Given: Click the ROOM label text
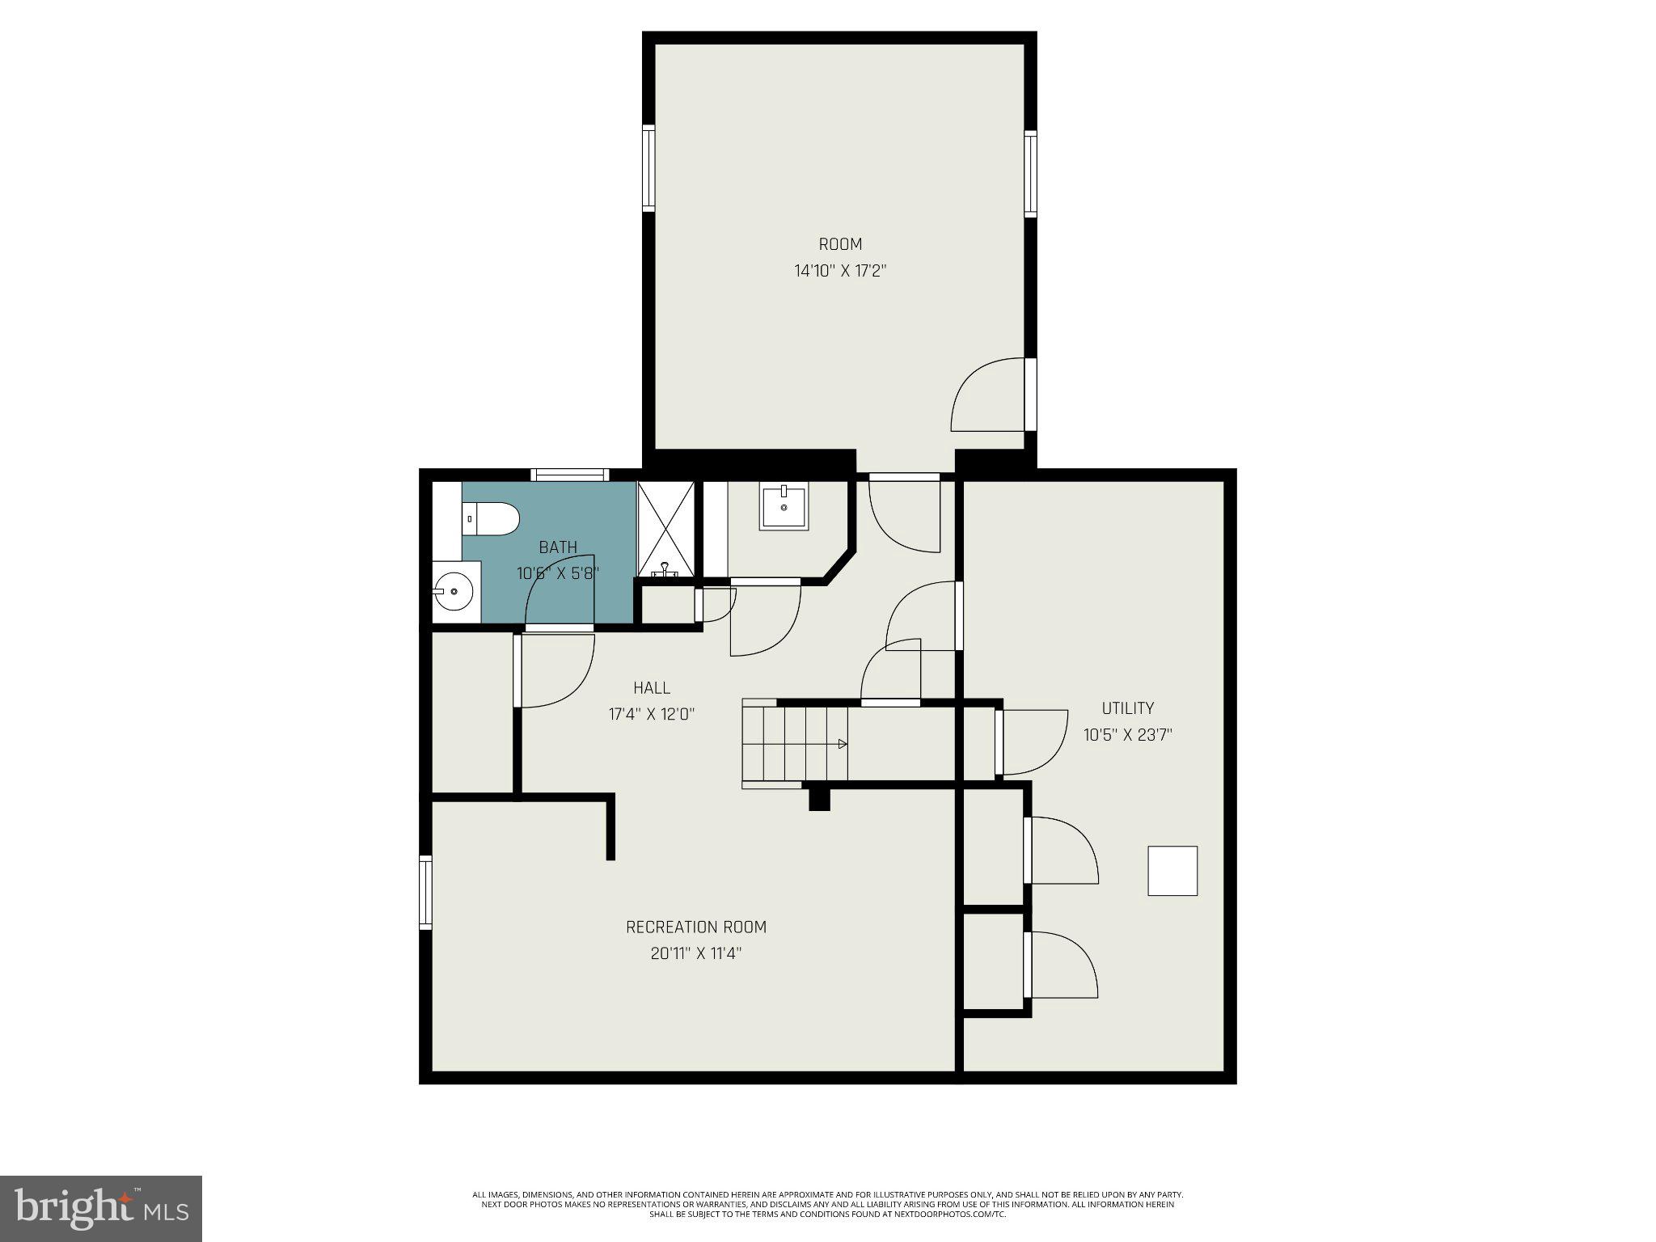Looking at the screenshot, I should [x=840, y=244].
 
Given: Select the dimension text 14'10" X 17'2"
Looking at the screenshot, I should [x=840, y=271].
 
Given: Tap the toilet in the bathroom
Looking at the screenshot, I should [x=490, y=518].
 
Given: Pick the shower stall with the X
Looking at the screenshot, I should [x=665, y=529].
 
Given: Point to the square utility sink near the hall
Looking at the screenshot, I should [x=784, y=507].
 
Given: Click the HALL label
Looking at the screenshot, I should [x=652, y=688].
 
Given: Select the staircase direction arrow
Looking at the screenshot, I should [x=842, y=744].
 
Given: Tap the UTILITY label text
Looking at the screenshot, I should [x=1127, y=708].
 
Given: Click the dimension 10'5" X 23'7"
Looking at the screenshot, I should [x=1127, y=735].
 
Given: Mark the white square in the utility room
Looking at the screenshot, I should [x=1172, y=871].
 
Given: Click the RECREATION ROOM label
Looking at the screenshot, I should [x=696, y=927].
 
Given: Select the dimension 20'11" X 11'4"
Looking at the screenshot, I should [x=696, y=954].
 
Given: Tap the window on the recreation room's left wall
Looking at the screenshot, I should [x=425, y=893].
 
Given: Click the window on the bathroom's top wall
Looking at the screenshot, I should [x=569, y=475].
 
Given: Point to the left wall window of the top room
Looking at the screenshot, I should [x=648, y=168].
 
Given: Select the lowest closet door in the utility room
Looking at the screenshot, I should [x=1062, y=965].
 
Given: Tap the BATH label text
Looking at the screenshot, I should [x=558, y=547].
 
